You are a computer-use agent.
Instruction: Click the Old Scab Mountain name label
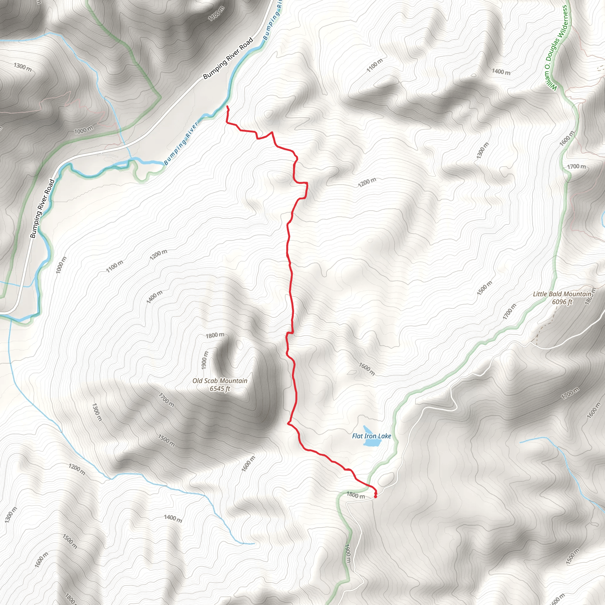220,381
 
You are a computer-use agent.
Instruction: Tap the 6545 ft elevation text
220,389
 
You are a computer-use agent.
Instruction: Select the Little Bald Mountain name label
562,294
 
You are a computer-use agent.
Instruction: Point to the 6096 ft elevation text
562,302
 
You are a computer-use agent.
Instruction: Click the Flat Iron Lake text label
371,436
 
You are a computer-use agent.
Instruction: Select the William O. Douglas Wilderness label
556,48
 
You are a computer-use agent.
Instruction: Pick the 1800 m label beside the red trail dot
355,495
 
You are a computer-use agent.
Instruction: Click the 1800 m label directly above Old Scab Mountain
215,335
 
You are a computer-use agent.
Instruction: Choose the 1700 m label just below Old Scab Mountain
166,400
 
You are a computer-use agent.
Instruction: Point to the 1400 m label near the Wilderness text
501,72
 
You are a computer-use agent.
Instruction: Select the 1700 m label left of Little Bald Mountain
510,312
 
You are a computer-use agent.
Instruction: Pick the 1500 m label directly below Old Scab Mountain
166,440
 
